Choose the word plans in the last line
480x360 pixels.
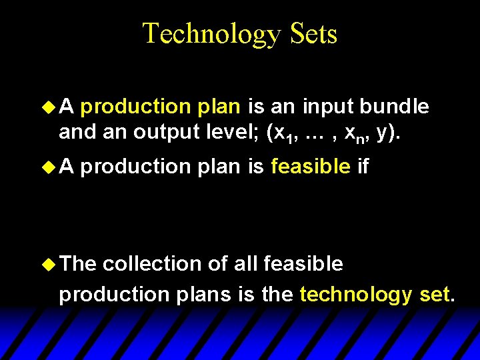[207, 294]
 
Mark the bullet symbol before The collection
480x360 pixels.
[49, 264]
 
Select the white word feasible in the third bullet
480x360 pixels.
[303, 264]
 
